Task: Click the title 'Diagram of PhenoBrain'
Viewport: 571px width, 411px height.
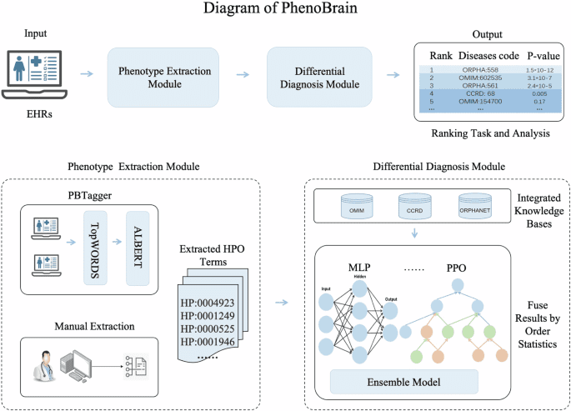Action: click(285, 12)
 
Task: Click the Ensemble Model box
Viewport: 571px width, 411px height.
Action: click(403, 382)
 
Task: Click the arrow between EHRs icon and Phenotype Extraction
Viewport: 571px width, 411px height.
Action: click(86, 74)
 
